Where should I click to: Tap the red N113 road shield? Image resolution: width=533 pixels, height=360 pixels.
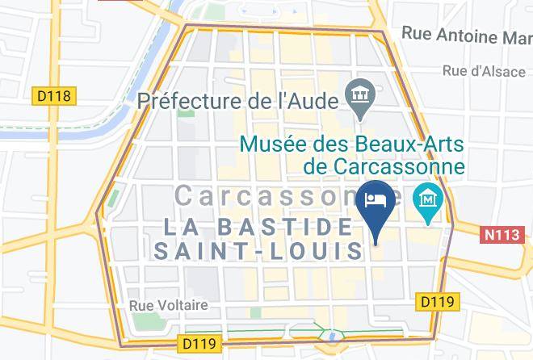click(x=502, y=236)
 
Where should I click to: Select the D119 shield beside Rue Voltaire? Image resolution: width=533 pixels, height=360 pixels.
click(x=198, y=343)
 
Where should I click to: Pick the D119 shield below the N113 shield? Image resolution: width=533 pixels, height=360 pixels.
click(x=437, y=301)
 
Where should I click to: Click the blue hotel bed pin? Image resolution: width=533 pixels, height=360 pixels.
click(x=377, y=200)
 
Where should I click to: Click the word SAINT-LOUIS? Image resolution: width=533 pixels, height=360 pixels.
click(x=258, y=250)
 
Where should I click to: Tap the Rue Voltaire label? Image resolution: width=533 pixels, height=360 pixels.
click(x=169, y=305)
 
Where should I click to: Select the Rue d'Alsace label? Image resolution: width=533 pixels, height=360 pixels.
click(x=485, y=70)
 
